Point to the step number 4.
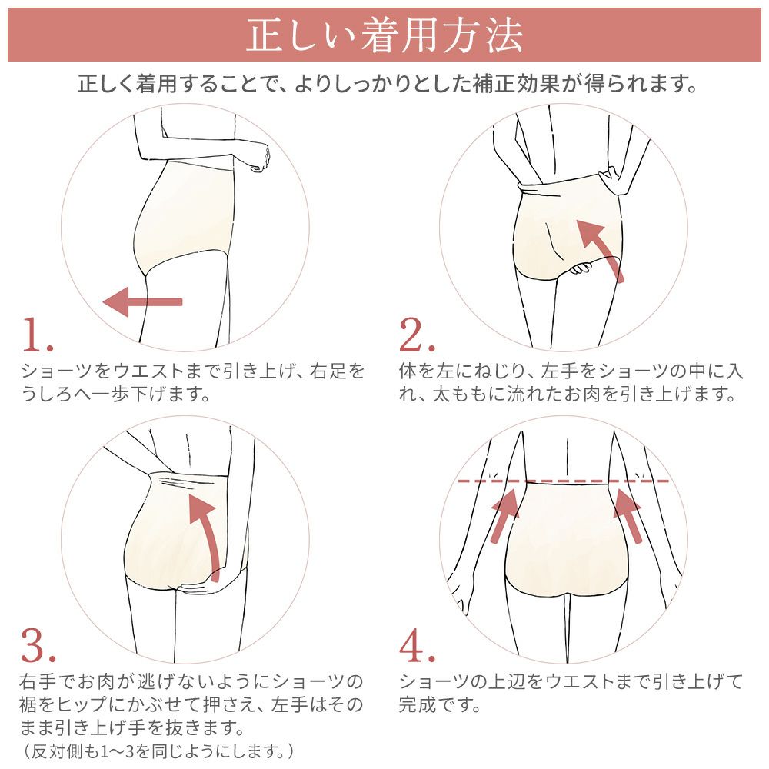coord(418,647)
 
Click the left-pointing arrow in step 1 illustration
coord(142,301)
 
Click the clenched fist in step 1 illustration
coord(259,158)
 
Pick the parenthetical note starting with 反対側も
coord(157,750)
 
